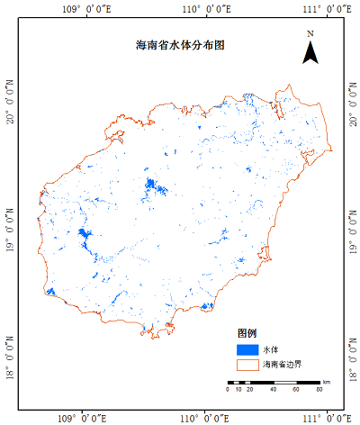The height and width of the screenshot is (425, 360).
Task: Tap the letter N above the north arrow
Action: (310, 34)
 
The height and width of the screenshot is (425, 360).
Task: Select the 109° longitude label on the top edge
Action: (85, 7)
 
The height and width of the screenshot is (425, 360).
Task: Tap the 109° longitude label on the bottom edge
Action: (85, 418)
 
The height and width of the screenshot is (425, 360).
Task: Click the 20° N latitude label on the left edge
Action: (10, 100)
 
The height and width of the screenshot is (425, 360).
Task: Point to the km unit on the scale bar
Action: (328, 383)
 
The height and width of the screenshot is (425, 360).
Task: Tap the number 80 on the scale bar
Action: (319, 390)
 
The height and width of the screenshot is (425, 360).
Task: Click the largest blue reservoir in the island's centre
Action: (154, 187)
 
